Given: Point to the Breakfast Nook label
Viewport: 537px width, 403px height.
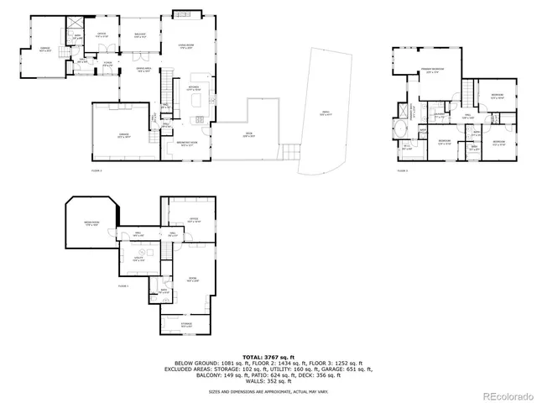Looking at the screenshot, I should (186, 143).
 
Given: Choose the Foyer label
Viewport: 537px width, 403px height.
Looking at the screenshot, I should (108, 63).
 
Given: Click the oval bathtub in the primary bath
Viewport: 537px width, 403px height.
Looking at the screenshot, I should (400, 130).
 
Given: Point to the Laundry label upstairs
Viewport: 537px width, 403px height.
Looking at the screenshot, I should (438, 114).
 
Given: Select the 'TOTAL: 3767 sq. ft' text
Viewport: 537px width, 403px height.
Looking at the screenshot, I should (268, 357).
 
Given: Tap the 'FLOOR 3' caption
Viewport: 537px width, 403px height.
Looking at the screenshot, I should (401, 171).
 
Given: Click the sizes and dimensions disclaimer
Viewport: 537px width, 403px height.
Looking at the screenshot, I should (268, 391).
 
